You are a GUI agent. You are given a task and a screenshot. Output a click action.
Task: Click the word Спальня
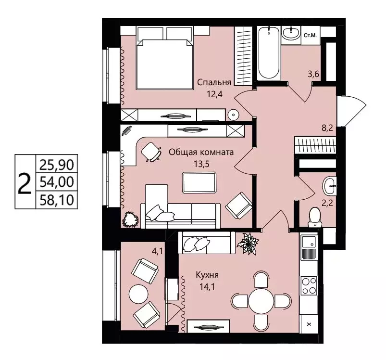pyautogui.click(x=214, y=83)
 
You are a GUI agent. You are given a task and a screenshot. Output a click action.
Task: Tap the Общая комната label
pyautogui.click(x=201, y=152)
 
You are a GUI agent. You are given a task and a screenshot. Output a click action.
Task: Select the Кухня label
pyautogui.click(x=207, y=274)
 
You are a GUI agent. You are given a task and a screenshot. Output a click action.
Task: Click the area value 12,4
pyautogui.click(x=215, y=94)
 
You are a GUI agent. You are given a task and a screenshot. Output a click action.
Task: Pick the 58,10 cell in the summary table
pyautogui.click(x=57, y=200)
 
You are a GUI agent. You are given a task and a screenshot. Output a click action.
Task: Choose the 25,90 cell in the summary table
pyautogui.click(x=57, y=164)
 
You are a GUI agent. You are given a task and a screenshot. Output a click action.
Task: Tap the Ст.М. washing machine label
pyautogui.click(x=310, y=36)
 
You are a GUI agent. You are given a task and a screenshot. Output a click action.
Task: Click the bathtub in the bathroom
pyautogui.click(x=269, y=53)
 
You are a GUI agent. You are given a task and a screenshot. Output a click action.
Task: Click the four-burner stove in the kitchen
pyautogui.click(x=309, y=285)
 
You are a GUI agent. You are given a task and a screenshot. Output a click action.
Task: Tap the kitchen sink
pyautogui.click(x=309, y=242)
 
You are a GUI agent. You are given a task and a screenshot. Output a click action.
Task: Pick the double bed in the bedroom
pyautogui.click(x=164, y=58)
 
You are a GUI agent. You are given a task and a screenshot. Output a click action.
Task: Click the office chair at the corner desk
pyautogui.click(x=151, y=152)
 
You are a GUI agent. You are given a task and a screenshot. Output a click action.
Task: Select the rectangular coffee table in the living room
pyautogui.click(x=199, y=182)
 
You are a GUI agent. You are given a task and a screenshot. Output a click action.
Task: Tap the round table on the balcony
pyautogui.click(x=138, y=294)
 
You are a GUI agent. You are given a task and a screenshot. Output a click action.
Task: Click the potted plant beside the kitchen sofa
pyautogui.click(x=248, y=244)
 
